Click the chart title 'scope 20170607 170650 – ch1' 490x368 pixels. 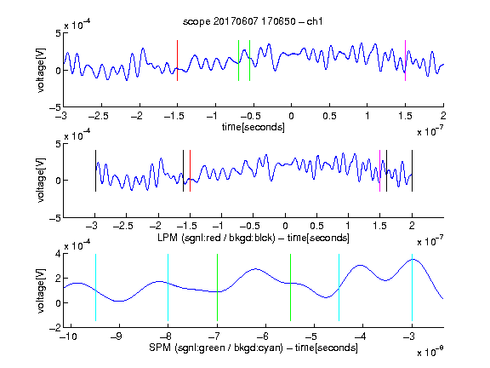click(x=253, y=21)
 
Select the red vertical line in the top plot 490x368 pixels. click(x=177, y=60)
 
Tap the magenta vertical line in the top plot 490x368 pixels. click(x=405, y=60)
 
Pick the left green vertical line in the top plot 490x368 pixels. click(x=238, y=60)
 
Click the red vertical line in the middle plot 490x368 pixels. click(x=190, y=171)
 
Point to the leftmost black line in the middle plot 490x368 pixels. click(x=95, y=171)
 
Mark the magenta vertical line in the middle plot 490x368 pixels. click(x=379, y=171)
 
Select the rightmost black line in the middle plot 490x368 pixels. click(x=412, y=171)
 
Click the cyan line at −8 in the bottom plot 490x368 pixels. click(x=168, y=287)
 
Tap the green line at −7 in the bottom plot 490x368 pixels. click(x=217, y=287)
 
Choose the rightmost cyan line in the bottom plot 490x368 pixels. click(x=412, y=287)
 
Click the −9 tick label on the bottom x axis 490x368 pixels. click(x=117, y=336)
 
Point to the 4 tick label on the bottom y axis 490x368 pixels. click(x=58, y=254)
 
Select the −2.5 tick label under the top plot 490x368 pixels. click(x=99, y=116)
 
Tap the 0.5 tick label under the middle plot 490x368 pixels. click(x=316, y=226)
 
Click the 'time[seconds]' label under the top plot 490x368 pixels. click(x=254, y=127)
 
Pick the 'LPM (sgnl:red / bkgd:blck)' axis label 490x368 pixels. click(x=216, y=238)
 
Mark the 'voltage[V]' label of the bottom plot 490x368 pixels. click(x=41, y=290)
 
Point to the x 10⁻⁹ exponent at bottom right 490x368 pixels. click(x=430, y=352)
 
